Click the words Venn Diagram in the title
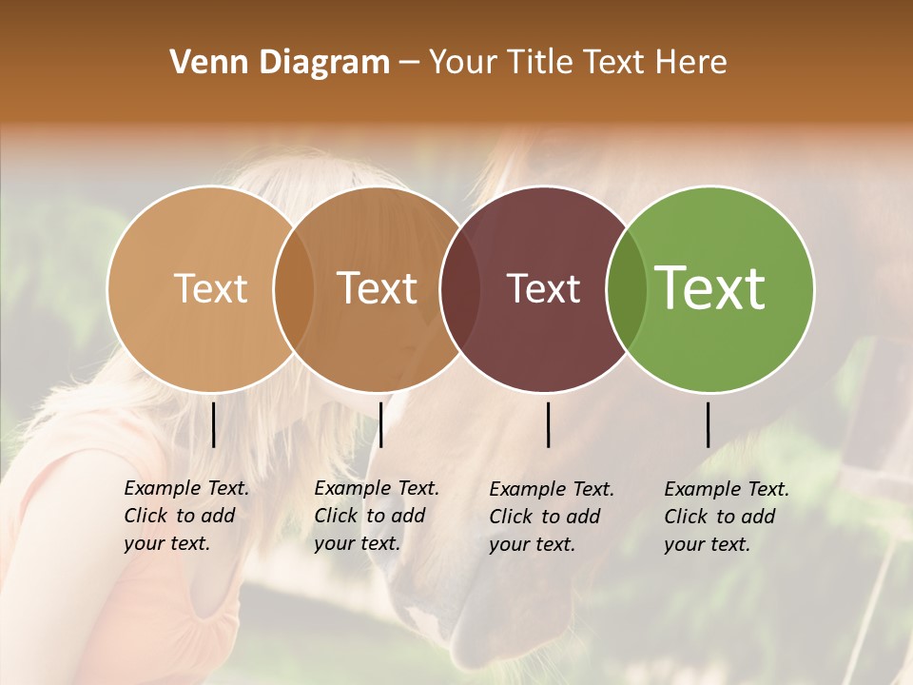pyautogui.click(x=280, y=63)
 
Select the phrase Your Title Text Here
pyautogui.click(x=577, y=63)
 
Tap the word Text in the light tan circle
pyautogui.click(x=210, y=288)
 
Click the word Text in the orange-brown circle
pyautogui.click(x=378, y=288)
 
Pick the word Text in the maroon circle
pyautogui.click(x=543, y=288)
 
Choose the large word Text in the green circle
pyautogui.click(x=709, y=288)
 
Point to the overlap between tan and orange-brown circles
pyautogui.click(x=293, y=288)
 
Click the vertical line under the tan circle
pyautogui.click(x=213, y=424)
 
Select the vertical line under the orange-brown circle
pyautogui.click(x=380, y=424)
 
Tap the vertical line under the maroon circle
pyautogui.click(x=548, y=424)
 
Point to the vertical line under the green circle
pyautogui.click(x=709, y=424)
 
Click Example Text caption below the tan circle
pyautogui.click(x=186, y=488)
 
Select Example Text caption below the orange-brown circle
pyautogui.click(x=377, y=488)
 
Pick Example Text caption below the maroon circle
pyautogui.click(x=552, y=489)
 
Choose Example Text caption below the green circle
pyautogui.click(x=727, y=489)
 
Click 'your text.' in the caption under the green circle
pyautogui.click(x=707, y=544)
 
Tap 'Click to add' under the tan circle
pyautogui.click(x=179, y=516)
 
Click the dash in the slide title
pyautogui.click(x=409, y=64)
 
